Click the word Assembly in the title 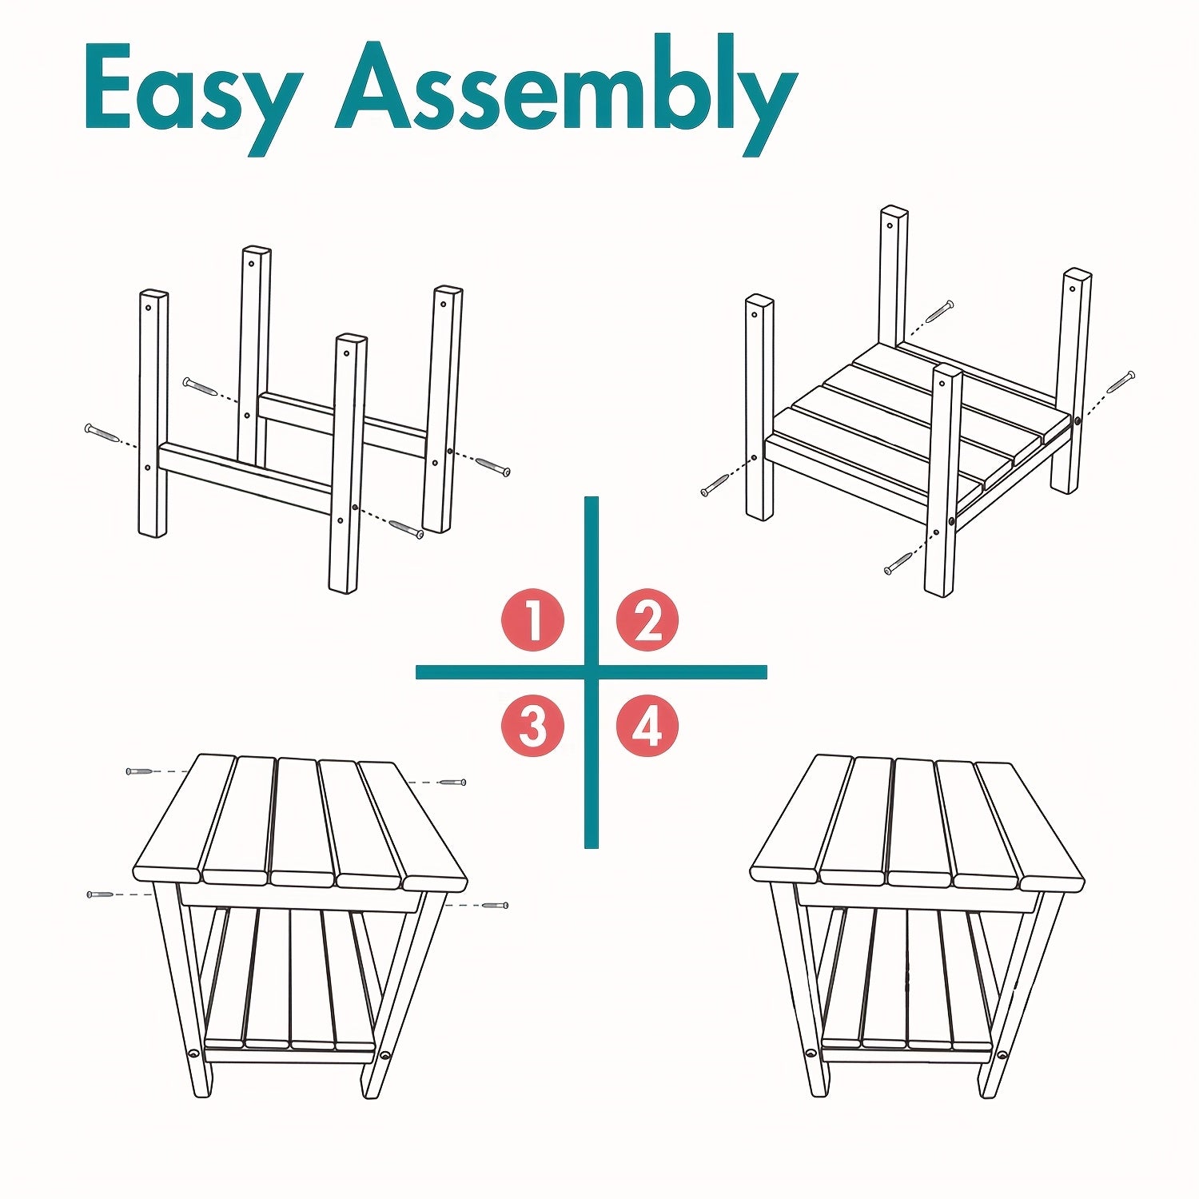(x=567, y=94)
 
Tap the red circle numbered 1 (x=532, y=620)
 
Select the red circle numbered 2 (x=647, y=620)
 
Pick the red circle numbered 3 (x=532, y=727)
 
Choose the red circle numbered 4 (x=647, y=727)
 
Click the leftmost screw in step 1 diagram (x=103, y=433)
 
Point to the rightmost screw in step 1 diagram (x=492, y=466)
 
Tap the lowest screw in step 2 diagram (x=899, y=563)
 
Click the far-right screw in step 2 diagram (x=1121, y=381)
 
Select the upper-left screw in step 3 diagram (x=140, y=771)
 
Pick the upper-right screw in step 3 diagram (x=452, y=782)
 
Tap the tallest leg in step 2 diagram (x=893, y=276)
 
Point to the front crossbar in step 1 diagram (x=245, y=478)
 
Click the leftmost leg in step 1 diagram (x=153, y=413)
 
